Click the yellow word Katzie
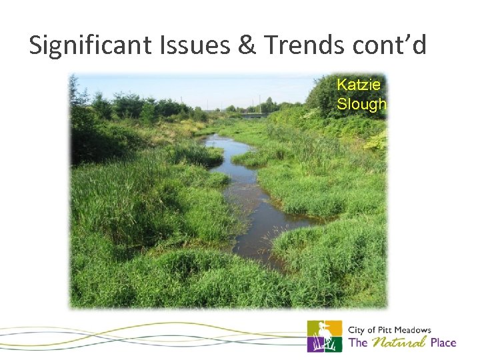[359, 85]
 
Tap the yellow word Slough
[361, 104]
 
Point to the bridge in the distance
[256, 115]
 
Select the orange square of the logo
[334, 327]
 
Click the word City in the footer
[357, 330]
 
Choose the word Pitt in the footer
[386, 330]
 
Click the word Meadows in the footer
[414, 330]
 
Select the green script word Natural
[399, 343]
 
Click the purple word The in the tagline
[358, 343]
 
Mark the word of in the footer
[372, 330]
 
